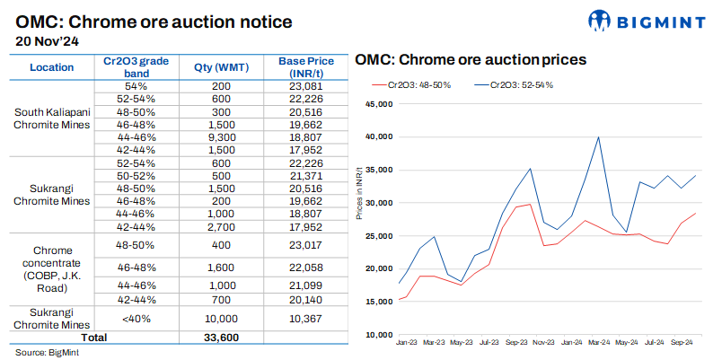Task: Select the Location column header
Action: tap(52, 67)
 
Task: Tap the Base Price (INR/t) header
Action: tap(305, 67)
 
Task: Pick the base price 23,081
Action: tap(305, 84)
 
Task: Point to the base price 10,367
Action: tap(305, 318)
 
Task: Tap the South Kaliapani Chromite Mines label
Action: tap(52, 119)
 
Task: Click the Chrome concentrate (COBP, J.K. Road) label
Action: tap(52, 268)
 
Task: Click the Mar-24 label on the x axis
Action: tap(599, 343)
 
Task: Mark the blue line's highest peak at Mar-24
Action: tap(598, 137)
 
